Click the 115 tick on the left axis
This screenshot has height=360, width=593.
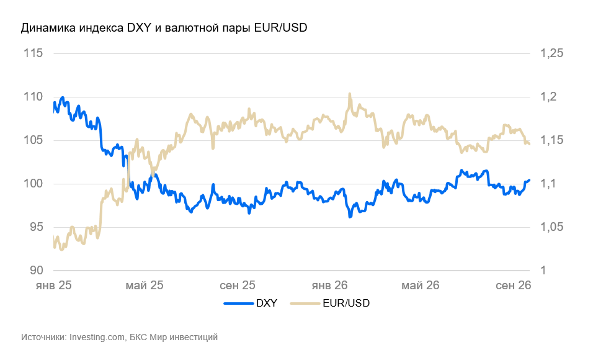pos(33,53)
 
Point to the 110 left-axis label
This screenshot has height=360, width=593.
pos(33,97)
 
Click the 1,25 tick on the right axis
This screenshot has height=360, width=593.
pos(552,53)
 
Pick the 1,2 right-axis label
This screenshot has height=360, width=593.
pos(549,97)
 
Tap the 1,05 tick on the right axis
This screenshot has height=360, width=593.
pos(552,227)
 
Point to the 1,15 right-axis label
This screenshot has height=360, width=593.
pos(552,140)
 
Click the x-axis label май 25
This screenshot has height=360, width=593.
pos(145,285)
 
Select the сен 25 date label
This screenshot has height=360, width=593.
pos(238,285)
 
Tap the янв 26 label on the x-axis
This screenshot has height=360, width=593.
pos(329,285)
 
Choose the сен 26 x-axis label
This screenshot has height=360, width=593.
pos(513,285)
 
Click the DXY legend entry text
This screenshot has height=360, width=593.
pos(267,304)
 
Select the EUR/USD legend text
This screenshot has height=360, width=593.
pos(346,304)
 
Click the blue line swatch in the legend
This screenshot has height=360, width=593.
pos(238,304)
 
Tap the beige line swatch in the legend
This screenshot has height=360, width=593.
pos(305,304)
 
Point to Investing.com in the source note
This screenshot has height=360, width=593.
pos(97,337)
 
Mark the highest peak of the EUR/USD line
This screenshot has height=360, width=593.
pos(349,94)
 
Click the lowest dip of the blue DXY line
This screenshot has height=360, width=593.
pos(350,217)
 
